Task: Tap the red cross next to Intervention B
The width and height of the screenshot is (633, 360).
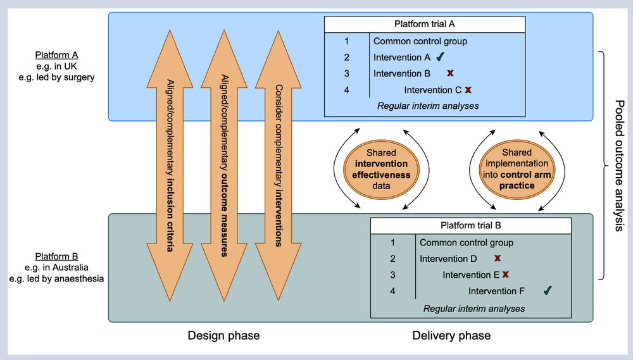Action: click(450, 73)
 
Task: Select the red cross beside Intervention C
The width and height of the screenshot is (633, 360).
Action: click(468, 90)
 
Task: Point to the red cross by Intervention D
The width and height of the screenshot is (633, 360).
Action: click(498, 258)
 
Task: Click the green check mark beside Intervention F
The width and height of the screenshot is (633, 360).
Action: click(548, 290)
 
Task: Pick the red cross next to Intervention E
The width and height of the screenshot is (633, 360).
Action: click(505, 275)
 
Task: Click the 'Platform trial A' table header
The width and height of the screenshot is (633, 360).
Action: click(425, 25)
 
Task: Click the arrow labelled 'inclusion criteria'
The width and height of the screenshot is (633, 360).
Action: click(169, 164)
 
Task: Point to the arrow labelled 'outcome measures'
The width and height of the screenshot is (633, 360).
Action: click(223, 164)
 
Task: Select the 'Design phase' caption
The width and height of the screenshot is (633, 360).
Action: click(223, 335)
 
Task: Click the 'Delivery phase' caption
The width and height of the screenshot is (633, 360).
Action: click(451, 335)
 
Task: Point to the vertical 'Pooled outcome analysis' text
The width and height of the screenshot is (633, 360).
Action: click(618, 164)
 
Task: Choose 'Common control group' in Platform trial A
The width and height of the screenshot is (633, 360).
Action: click(420, 41)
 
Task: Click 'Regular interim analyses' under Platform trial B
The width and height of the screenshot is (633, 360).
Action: click(474, 308)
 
